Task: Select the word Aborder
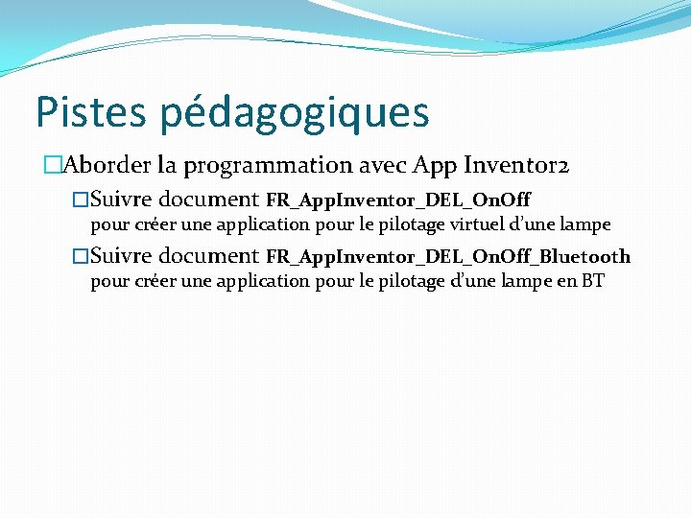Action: pyautogui.click(x=104, y=165)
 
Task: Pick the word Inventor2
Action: pyautogui.click(x=517, y=165)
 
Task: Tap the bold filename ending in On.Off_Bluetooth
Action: pyautogui.click(x=447, y=256)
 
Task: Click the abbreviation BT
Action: pyautogui.click(x=593, y=281)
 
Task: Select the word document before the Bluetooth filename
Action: pyautogui.click(x=208, y=255)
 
